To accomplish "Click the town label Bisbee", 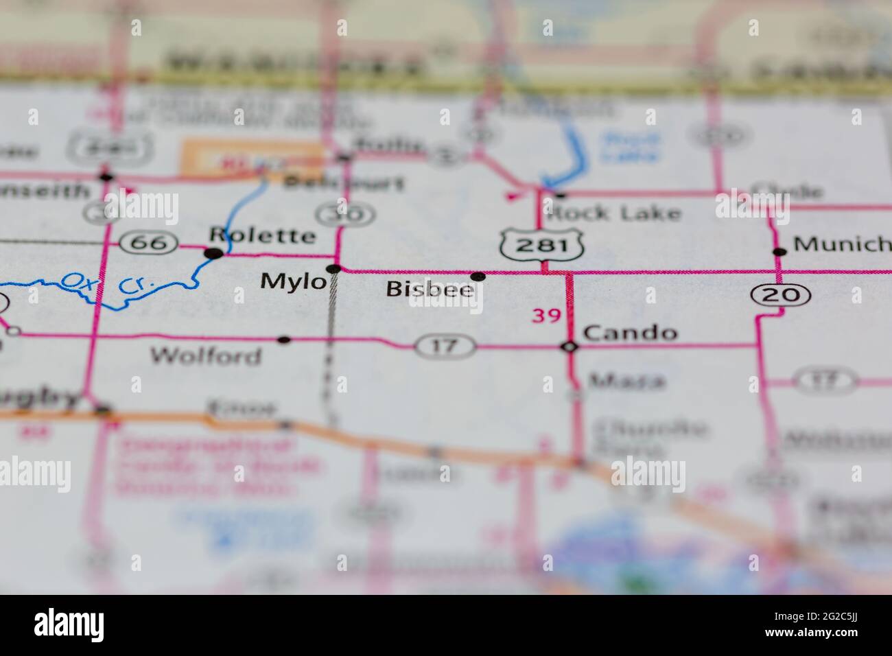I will [430, 289].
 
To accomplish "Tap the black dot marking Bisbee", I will [478, 277].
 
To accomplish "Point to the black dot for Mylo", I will [334, 268].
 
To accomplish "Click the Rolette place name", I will [262, 235].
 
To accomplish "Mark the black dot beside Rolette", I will [215, 254].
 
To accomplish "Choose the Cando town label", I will [630, 333].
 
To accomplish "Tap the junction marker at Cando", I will [570, 347].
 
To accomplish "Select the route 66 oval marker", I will [149, 241].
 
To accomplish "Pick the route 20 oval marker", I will [781, 295].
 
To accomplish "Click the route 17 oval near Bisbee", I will [445, 346].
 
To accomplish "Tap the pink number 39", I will [547, 316].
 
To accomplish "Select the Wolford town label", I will [206, 355].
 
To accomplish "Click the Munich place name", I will [841, 244].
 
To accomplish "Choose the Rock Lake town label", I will [613, 213].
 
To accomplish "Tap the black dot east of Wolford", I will [284, 340].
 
